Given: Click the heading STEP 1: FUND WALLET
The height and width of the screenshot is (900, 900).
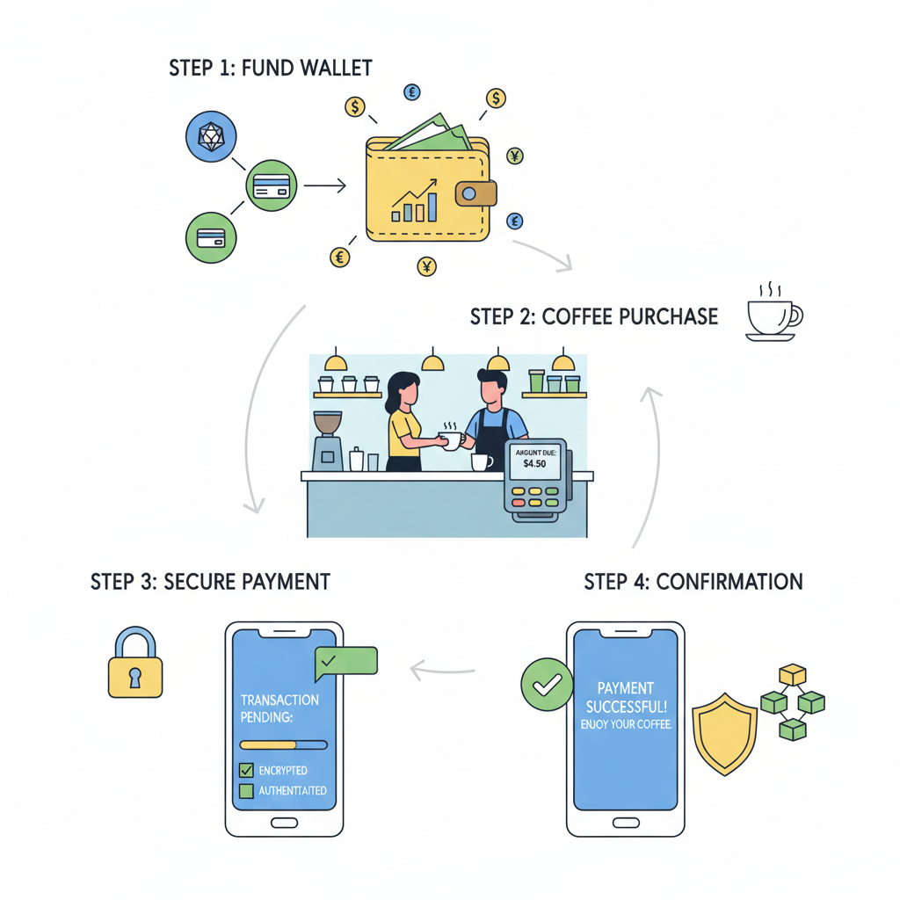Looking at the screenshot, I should click(271, 68).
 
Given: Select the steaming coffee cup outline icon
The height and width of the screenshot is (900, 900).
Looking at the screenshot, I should click(773, 315).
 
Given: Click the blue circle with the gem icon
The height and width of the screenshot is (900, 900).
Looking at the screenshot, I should click(211, 136).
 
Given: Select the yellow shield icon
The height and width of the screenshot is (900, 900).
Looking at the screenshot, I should click(725, 729).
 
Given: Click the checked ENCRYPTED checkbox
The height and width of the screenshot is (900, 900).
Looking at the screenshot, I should click(246, 770).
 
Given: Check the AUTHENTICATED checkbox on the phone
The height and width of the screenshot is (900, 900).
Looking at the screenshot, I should click(246, 791).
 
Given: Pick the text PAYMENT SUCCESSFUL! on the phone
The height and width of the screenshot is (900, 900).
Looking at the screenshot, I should click(625, 697).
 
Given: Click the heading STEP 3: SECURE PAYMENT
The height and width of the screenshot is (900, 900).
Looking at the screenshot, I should click(210, 582).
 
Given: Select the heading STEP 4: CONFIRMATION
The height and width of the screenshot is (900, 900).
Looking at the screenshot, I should click(693, 582).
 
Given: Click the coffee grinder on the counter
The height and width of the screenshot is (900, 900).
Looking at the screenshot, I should click(328, 440).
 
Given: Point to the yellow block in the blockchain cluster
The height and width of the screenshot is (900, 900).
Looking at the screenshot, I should click(794, 674).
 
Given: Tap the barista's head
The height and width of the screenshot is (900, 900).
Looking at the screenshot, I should click(493, 387).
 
